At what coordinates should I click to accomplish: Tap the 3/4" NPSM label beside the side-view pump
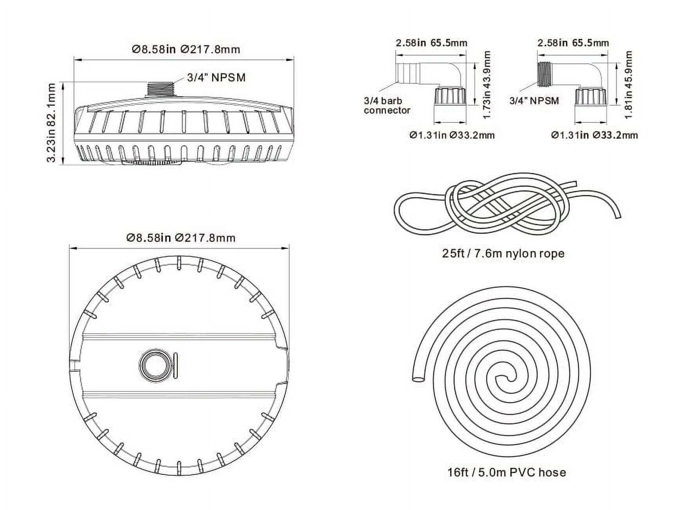tap(216, 77)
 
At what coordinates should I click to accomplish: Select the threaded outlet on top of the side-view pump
tap(161, 89)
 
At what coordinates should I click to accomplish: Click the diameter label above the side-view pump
tap(186, 50)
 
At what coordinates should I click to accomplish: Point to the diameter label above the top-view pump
tap(181, 238)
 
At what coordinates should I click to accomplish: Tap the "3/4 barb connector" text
tap(387, 106)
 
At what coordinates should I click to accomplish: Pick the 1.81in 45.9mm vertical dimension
tap(629, 85)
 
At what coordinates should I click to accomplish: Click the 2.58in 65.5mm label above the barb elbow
tap(431, 43)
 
